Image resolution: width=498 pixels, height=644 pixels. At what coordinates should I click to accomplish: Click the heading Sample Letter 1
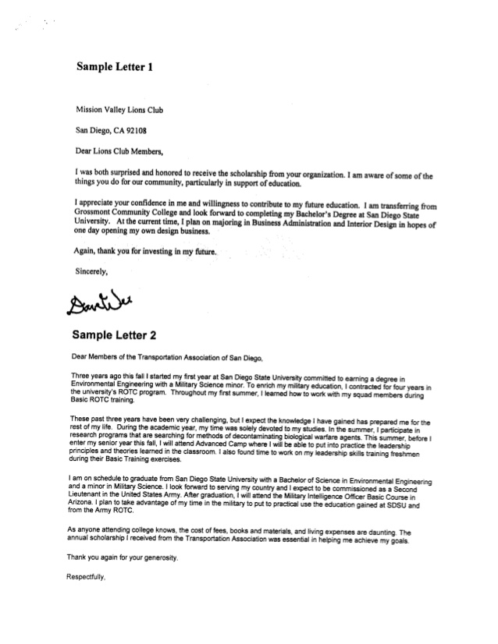point(114,67)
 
